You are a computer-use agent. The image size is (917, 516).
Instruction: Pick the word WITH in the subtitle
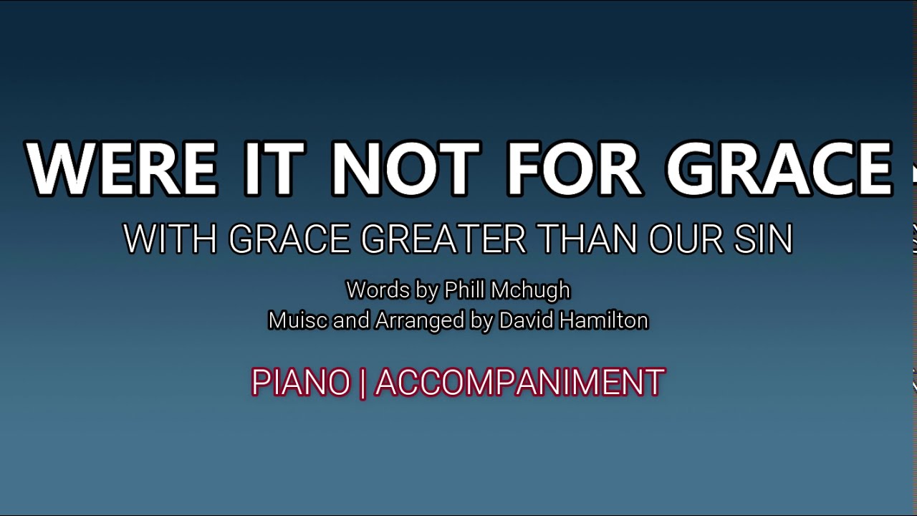coord(170,239)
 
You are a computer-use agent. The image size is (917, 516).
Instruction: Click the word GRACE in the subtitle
coord(289,239)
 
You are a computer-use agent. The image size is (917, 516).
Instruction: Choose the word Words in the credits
coord(377,290)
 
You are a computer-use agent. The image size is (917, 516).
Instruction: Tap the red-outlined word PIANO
coord(301,383)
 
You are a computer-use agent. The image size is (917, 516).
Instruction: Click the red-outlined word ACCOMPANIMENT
coord(520,383)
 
